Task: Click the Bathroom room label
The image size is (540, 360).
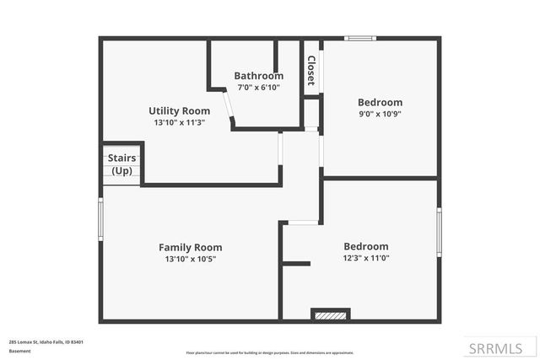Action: click(x=258, y=75)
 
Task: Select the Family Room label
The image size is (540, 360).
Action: click(x=190, y=247)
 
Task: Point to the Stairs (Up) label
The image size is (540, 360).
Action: click(x=121, y=164)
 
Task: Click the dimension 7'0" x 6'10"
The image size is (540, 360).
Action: click(x=257, y=87)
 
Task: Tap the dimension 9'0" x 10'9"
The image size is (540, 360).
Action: click(x=380, y=114)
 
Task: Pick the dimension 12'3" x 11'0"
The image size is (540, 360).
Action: click(x=366, y=258)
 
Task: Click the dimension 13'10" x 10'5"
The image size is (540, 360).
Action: click(x=190, y=259)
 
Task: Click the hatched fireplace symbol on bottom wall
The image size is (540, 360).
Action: click(x=330, y=316)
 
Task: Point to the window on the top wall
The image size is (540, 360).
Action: click(x=360, y=38)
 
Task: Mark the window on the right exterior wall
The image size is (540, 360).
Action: click(x=438, y=232)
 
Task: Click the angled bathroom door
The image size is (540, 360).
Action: click(x=228, y=108)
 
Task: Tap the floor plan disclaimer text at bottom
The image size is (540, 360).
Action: click(x=270, y=352)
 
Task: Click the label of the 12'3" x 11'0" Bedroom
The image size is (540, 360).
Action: click(x=366, y=246)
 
